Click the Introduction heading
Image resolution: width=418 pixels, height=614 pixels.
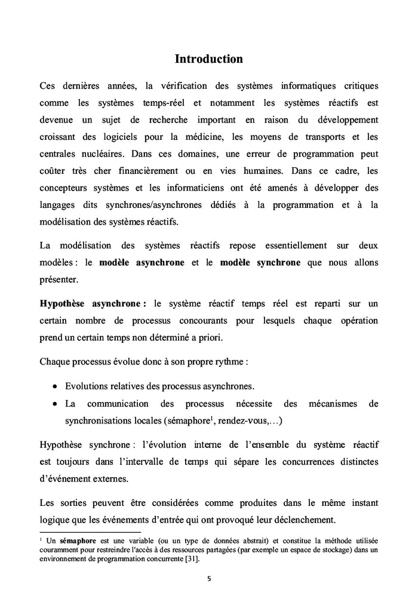(x=208, y=59)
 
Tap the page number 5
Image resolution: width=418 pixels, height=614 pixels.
(x=208, y=578)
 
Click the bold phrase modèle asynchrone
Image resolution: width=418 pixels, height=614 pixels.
(x=142, y=262)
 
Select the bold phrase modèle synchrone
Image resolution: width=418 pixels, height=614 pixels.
(x=260, y=262)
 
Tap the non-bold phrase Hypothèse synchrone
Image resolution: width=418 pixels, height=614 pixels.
(x=84, y=445)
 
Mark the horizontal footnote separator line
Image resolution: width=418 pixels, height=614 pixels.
(x=90, y=531)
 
